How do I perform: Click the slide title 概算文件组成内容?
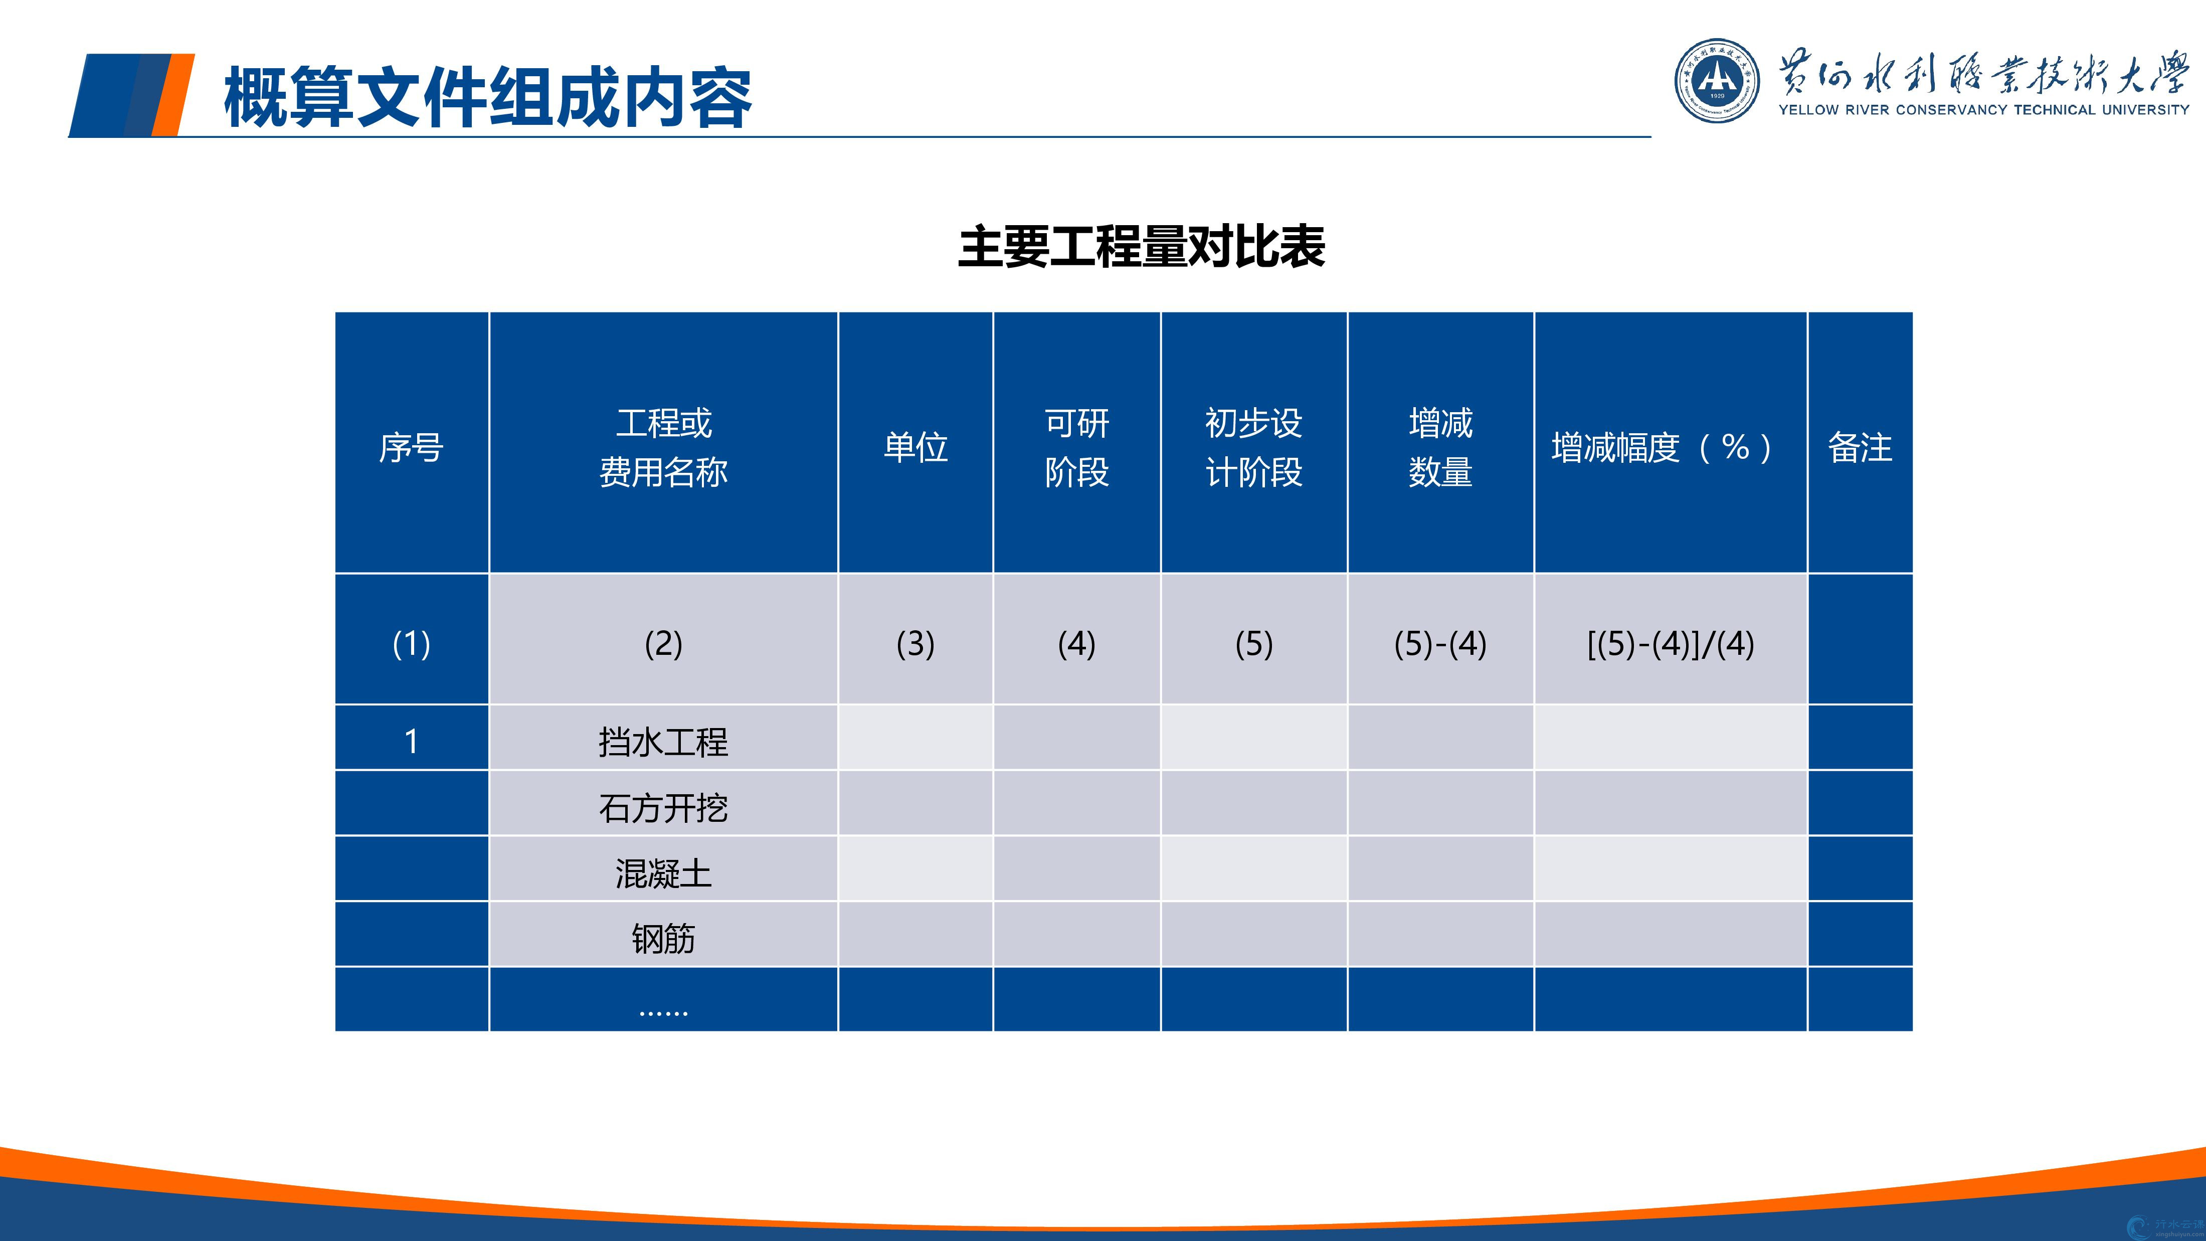pyautogui.click(x=487, y=98)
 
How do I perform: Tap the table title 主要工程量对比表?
pyautogui.click(x=1142, y=247)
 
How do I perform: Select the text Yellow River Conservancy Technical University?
pyautogui.click(x=1983, y=110)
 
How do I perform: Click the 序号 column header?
pyautogui.click(x=411, y=447)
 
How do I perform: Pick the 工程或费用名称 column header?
pyautogui.click(x=664, y=447)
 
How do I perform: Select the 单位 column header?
pyautogui.click(x=915, y=447)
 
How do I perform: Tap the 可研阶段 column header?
pyautogui.click(x=1076, y=447)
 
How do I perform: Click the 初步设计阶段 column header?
pyautogui.click(x=1254, y=447)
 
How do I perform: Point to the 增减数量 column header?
pyautogui.click(x=1440, y=447)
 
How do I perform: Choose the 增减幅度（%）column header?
pyautogui.click(x=1662, y=447)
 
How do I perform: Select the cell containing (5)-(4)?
pyautogui.click(x=1440, y=643)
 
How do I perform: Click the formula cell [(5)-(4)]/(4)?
pyautogui.click(x=1671, y=643)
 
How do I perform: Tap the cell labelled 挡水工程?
pyautogui.click(x=664, y=742)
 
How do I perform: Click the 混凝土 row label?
pyautogui.click(x=664, y=873)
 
